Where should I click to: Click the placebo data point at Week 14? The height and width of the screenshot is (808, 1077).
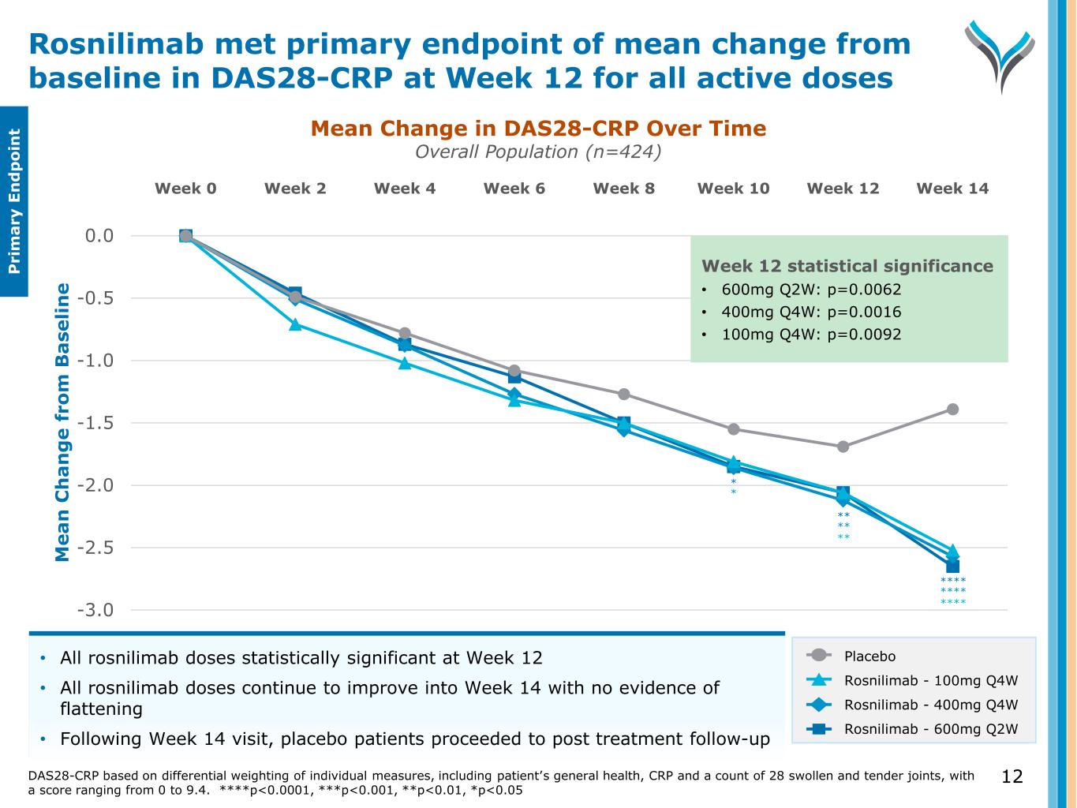[x=952, y=410]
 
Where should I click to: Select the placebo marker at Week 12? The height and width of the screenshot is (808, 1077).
[x=843, y=447]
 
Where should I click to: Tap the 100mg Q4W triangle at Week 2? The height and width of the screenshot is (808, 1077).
[x=295, y=324]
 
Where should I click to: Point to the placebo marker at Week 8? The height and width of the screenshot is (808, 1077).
[x=623, y=394]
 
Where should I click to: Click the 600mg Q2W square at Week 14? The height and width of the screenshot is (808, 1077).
[x=952, y=566]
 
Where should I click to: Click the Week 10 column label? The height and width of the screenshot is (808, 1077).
[x=733, y=189]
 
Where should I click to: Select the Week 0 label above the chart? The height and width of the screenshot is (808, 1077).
[x=185, y=189]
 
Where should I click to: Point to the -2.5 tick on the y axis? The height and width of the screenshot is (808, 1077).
[x=95, y=548]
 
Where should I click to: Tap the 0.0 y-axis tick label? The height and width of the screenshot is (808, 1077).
[x=99, y=236]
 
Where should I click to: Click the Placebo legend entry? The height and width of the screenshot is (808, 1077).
[x=869, y=656]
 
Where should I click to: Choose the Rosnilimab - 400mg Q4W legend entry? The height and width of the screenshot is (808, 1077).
[x=930, y=705]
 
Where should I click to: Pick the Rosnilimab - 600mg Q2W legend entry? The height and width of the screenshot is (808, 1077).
[x=930, y=729]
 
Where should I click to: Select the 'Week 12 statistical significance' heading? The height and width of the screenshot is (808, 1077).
[x=847, y=266]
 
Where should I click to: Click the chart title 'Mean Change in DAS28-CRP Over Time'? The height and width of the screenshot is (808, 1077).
[x=538, y=129]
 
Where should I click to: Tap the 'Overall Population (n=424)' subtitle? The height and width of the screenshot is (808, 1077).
[x=538, y=151]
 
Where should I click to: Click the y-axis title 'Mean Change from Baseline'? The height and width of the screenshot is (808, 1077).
[x=63, y=422]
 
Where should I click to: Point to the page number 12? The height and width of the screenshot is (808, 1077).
[x=1012, y=777]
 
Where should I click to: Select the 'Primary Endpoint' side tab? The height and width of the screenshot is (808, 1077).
[x=14, y=202]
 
